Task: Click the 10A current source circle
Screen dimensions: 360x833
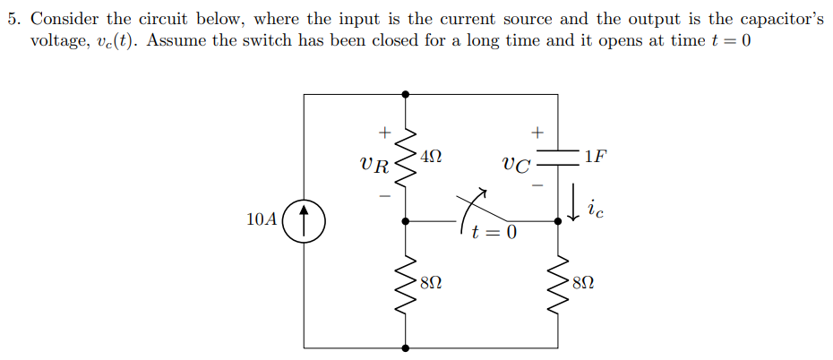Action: click(305, 219)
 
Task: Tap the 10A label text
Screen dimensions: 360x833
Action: click(261, 219)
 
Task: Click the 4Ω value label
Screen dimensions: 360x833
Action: click(431, 157)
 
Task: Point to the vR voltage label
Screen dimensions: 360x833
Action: click(374, 165)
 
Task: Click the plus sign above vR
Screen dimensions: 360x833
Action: click(384, 133)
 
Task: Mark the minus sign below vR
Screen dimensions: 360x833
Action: click(384, 193)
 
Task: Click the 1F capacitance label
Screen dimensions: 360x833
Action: click(595, 156)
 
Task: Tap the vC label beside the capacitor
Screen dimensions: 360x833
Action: click(516, 165)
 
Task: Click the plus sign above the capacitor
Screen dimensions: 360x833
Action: click(537, 133)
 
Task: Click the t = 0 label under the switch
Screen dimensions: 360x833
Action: click(494, 235)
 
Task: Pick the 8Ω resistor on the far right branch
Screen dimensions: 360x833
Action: click(560, 284)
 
